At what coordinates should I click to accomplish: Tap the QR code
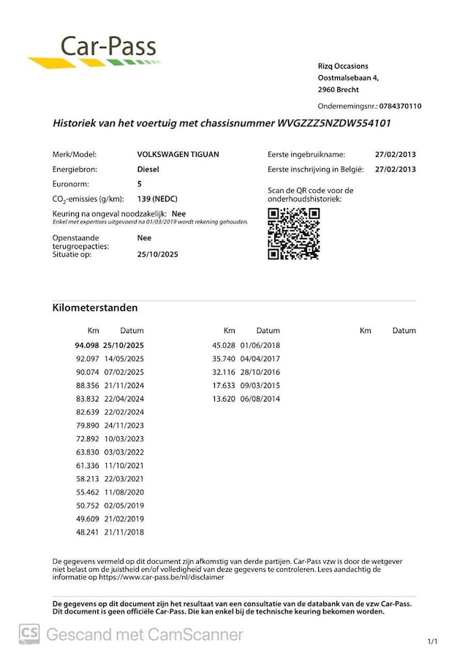pos(293,234)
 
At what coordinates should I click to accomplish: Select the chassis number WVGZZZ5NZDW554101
pos(334,123)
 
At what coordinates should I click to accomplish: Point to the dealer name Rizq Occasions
pos(343,66)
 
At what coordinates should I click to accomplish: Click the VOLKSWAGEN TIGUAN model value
pos(178,155)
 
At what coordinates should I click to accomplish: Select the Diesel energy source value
pos(148,169)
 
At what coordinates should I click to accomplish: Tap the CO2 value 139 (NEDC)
pos(157,199)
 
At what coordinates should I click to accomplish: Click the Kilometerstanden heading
pos(95,307)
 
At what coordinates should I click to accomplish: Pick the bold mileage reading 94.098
pos(86,345)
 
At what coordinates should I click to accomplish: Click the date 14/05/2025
pos(124,359)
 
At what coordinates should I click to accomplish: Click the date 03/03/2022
pos(124,451)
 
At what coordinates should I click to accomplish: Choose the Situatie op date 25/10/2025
pos(157,255)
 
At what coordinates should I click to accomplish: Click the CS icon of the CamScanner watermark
pos(29,634)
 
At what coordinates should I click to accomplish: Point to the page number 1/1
pos(431,641)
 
